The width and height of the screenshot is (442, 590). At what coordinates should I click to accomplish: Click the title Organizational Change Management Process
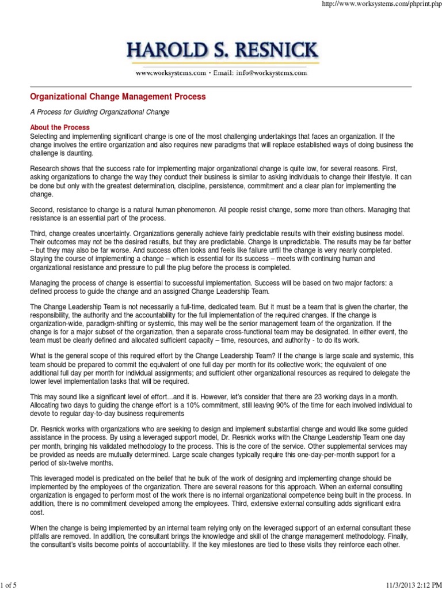pos(117,97)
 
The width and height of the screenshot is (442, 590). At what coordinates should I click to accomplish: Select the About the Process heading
pos(60,127)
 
